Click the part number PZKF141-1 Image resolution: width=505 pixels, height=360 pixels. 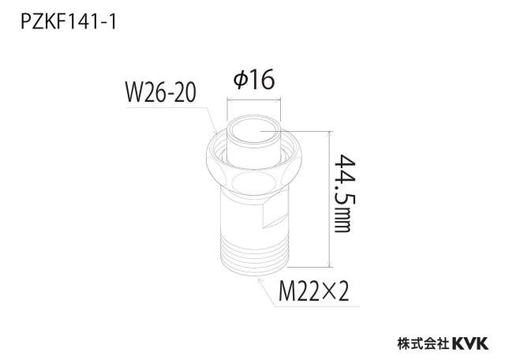click(68, 22)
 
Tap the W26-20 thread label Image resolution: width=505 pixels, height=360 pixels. click(160, 92)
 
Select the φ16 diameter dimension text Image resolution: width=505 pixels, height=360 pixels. click(254, 79)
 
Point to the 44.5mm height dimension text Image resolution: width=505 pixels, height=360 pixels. click(345, 193)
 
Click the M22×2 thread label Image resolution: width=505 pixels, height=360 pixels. click(314, 291)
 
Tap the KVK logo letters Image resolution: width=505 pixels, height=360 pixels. click(471, 343)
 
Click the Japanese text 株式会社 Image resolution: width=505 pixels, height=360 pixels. click(424, 343)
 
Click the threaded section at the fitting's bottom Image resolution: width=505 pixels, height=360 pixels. click(254, 254)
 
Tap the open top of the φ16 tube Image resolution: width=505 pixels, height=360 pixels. click(254, 132)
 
